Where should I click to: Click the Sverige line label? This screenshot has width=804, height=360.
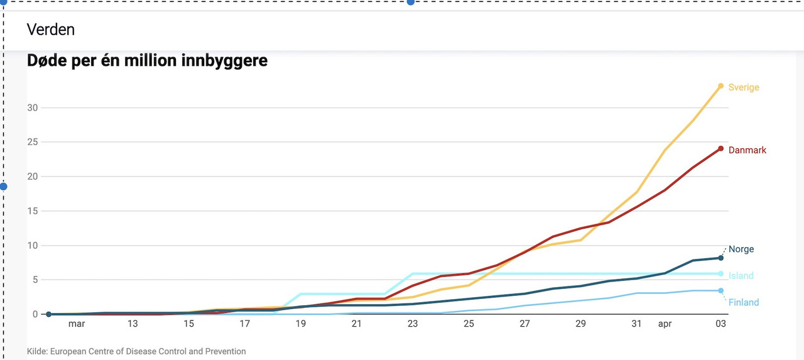click(x=744, y=87)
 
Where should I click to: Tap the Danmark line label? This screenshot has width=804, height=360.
click(x=747, y=150)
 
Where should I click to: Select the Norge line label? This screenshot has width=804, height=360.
click(x=741, y=249)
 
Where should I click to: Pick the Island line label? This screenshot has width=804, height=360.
click(x=741, y=276)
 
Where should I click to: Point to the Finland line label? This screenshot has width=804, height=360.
click(x=744, y=302)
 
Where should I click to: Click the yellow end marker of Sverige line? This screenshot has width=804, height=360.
click(x=721, y=86)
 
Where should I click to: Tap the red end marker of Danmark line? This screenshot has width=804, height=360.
click(x=721, y=149)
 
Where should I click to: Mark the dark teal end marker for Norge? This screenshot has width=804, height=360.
click(x=721, y=258)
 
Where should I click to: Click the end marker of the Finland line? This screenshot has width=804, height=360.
click(x=721, y=290)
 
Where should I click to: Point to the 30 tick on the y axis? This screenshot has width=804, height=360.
click(x=33, y=107)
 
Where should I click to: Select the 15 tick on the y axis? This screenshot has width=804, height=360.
click(x=33, y=211)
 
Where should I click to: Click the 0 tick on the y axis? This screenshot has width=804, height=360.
click(x=35, y=314)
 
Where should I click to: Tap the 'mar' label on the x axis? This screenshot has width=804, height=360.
click(x=77, y=324)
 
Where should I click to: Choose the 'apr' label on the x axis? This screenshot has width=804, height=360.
click(x=665, y=324)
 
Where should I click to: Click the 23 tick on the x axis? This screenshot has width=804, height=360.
click(x=413, y=324)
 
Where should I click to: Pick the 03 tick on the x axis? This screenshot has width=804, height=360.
click(x=721, y=324)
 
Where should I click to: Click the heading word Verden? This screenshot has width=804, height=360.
click(x=50, y=29)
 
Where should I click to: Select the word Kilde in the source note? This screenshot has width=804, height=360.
click(x=38, y=351)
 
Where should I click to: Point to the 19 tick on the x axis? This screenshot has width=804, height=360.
click(x=300, y=324)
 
